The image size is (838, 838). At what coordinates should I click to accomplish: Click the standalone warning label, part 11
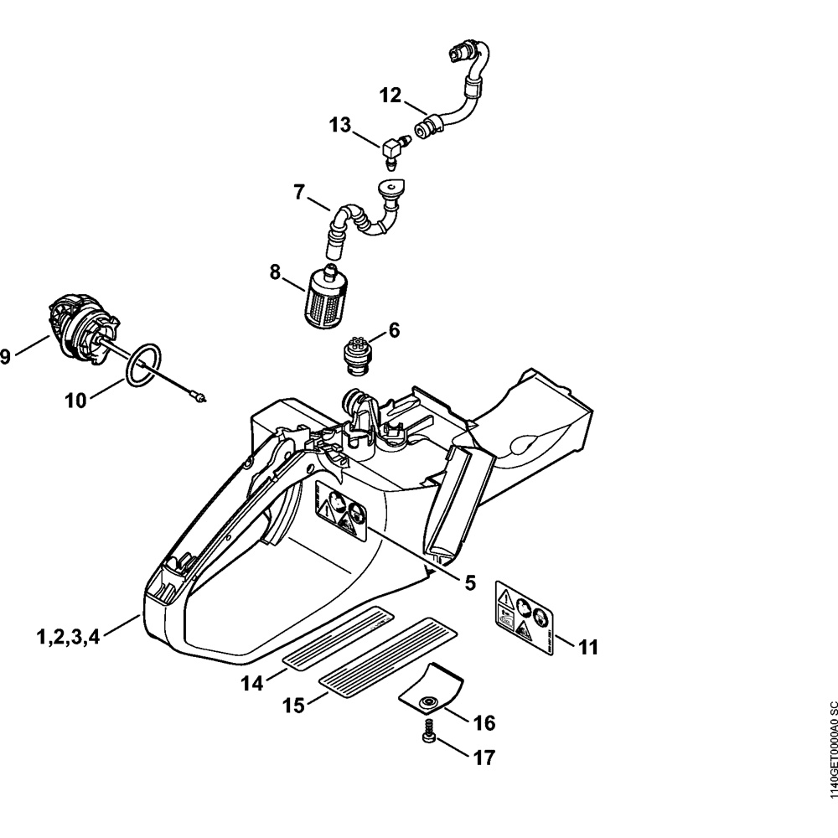pyautogui.click(x=520, y=615)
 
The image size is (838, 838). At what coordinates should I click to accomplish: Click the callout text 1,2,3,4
pyautogui.click(x=68, y=637)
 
